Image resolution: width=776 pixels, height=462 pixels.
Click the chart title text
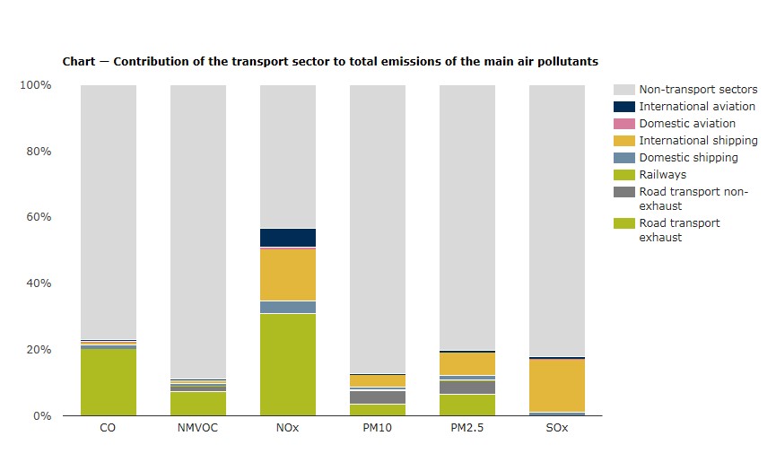point(330,62)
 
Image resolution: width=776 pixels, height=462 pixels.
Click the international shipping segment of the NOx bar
point(288,275)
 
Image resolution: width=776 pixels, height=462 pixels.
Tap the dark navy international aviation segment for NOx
point(288,238)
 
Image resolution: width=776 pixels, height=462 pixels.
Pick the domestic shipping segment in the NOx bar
point(288,307)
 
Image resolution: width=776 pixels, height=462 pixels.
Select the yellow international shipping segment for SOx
point(557,386)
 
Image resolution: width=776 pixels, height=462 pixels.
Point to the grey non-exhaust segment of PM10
point(378,397)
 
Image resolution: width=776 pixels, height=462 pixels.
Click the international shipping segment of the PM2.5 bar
point(467,363)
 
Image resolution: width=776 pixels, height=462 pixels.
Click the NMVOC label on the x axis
point(198,429)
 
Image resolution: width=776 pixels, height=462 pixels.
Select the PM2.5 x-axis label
point(467,429)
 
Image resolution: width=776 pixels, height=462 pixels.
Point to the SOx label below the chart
point(557,429)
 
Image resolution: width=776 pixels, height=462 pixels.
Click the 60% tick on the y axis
point(37,217)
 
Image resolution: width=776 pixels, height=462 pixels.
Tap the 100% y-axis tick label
point(35,85)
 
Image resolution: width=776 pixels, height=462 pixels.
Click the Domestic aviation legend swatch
point(624,124)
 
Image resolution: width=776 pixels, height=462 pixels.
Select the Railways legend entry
point(662,175)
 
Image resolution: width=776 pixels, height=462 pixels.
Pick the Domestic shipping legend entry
point(688,158)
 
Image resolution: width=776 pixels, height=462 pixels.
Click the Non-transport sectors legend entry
point(698,90)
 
